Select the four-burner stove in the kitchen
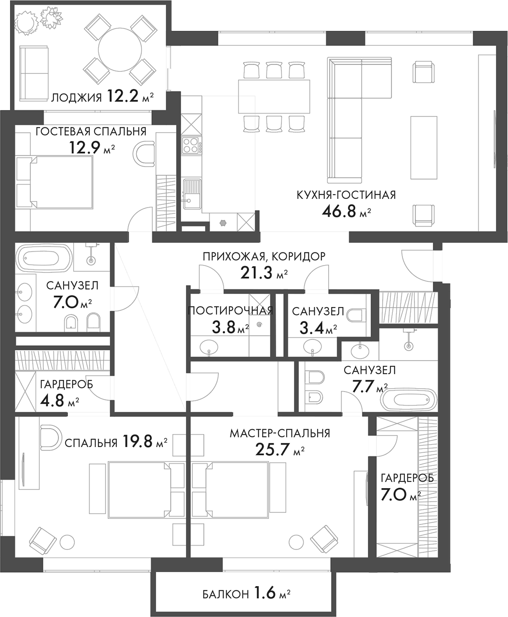[191, 145]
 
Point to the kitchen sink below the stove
[192, 193]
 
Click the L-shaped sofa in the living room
[345, 121]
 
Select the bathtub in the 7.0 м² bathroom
[44, 259]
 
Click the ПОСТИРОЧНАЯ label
[230, 310]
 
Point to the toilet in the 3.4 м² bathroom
[356, 315]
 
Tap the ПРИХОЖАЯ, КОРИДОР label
[264, 256]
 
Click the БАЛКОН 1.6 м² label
[246, 593]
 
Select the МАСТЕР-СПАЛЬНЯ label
[280, 433]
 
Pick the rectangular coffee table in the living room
[424, 147]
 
